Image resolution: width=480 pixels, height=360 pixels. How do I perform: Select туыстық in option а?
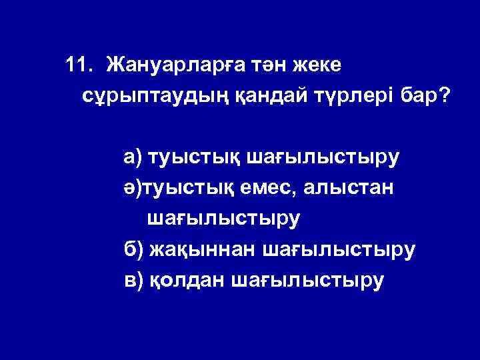tap(194, 159)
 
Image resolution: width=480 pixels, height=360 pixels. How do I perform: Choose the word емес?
tap(272, 189)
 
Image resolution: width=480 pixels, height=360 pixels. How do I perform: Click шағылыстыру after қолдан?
tap(308, 281)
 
